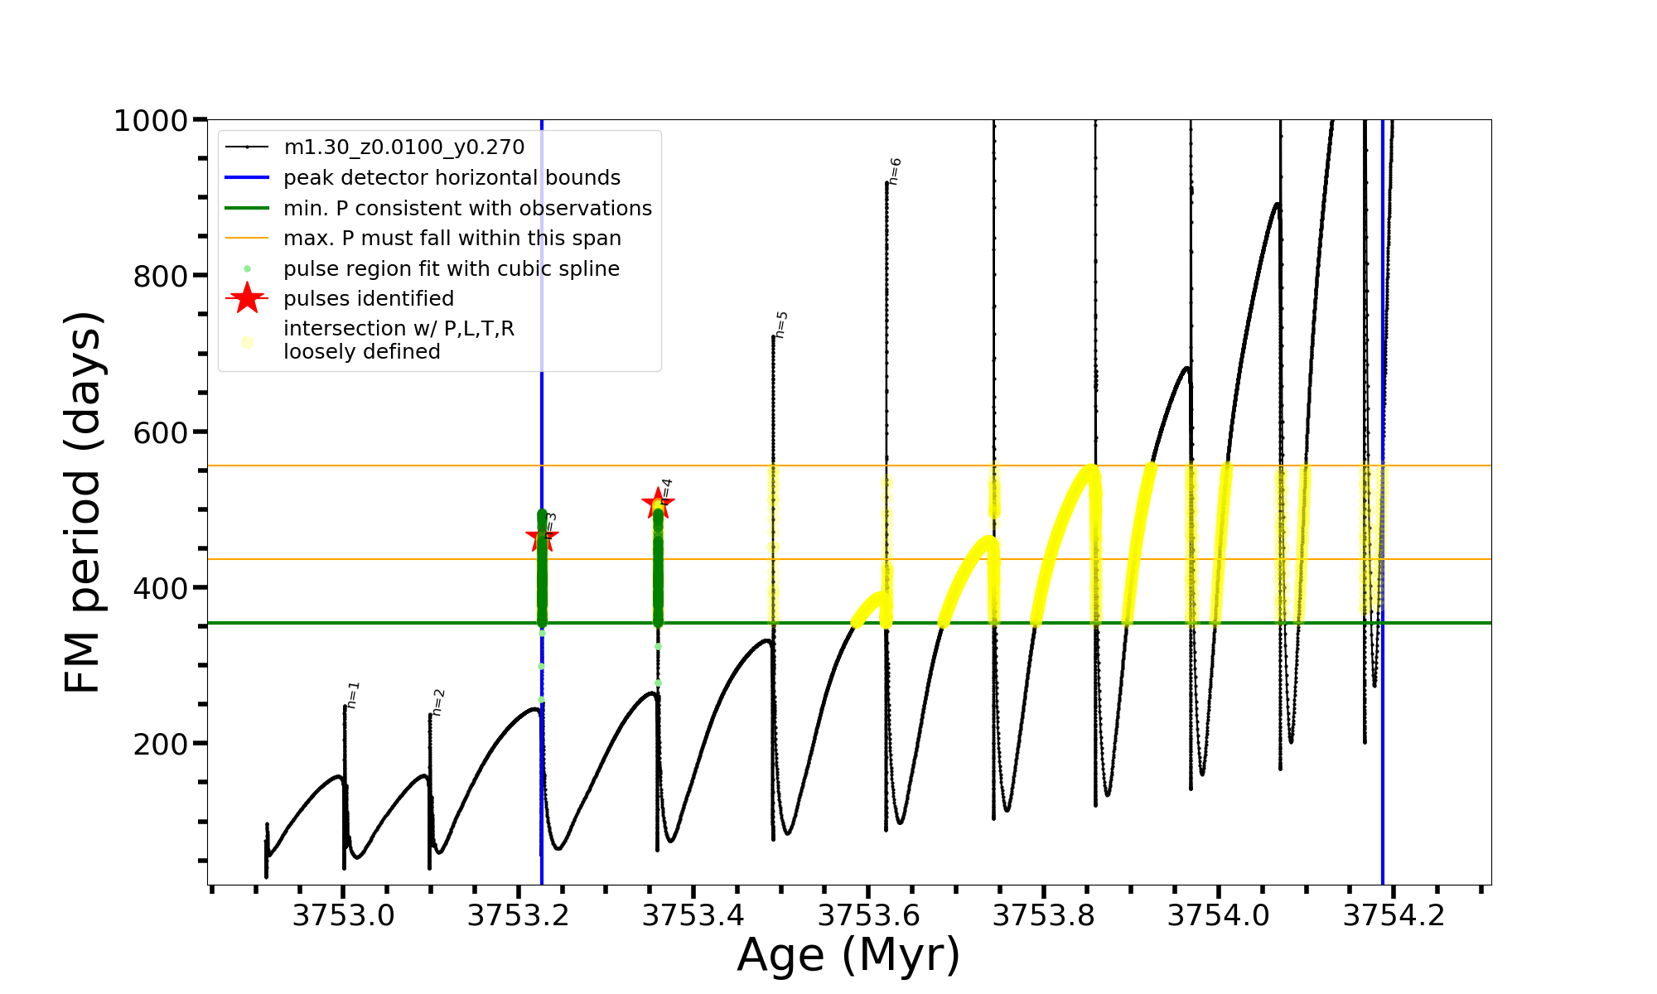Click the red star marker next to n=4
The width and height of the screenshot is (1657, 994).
point(658,503)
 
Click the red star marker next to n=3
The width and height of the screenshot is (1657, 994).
point(542,538)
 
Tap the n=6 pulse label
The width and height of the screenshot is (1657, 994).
point(895,171)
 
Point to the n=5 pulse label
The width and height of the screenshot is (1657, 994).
point(781,325)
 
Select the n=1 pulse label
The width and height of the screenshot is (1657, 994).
point(353,696)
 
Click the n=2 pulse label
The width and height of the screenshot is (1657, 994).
point(439,702)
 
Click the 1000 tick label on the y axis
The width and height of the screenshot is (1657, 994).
point(151,121)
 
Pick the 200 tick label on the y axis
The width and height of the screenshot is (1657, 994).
point(161,744)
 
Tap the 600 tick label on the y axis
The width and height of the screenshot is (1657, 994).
point(161,432)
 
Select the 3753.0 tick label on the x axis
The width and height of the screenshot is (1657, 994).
point(344,915)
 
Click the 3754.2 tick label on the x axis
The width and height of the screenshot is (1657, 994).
point(1394,915)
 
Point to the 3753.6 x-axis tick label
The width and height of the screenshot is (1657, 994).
point(868,915)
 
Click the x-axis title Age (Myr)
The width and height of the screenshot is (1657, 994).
point(848,955)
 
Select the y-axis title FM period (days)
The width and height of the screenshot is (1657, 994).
point(83,502)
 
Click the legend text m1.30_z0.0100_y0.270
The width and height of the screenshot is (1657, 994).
point(403,147)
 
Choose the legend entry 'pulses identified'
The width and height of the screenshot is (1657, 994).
point(369,298)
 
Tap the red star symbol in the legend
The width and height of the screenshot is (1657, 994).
point(247,298)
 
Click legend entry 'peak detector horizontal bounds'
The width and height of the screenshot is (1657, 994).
point(452,178)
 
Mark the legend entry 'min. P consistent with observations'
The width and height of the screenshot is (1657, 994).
point(467,208)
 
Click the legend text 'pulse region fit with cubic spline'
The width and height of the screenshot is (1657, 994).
point(452,268)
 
